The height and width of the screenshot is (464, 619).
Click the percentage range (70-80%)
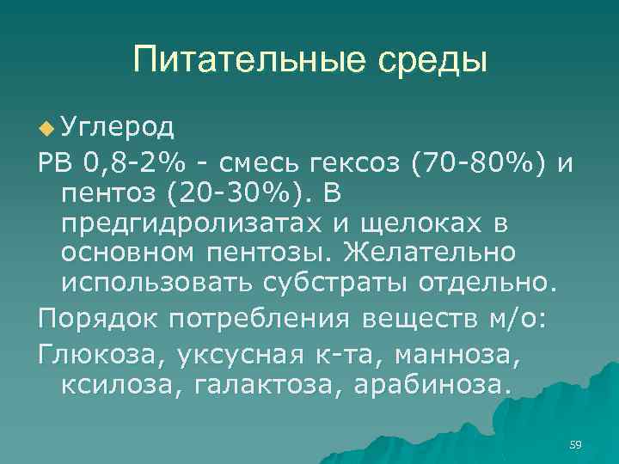(x=494, y=162)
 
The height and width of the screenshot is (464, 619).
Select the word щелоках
(x=442, y=223)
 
